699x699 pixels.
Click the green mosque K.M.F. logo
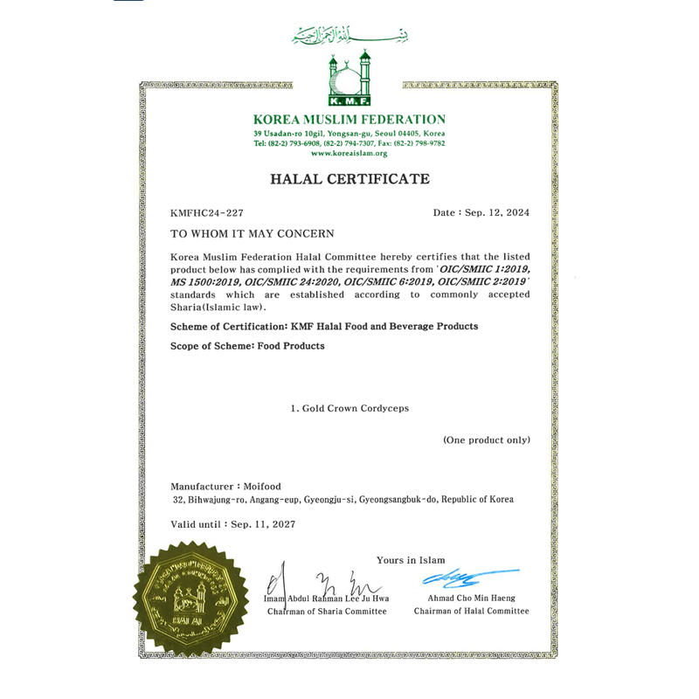tap(349, 79)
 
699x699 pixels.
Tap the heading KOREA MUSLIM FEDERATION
tap(349, 120)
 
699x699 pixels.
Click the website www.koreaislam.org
tap(349, 153)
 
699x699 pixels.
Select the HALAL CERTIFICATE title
tap(349, 179)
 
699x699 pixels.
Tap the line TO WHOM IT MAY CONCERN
tap(252, 234)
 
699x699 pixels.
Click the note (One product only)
tap(486, 439)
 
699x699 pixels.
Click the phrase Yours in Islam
tap(411, 559)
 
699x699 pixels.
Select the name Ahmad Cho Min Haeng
tap(471, 598)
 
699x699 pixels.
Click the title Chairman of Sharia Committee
tap(327, 611)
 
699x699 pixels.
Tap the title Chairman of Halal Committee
tap(471, 611)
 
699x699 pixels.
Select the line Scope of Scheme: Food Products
tap(247, 346)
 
